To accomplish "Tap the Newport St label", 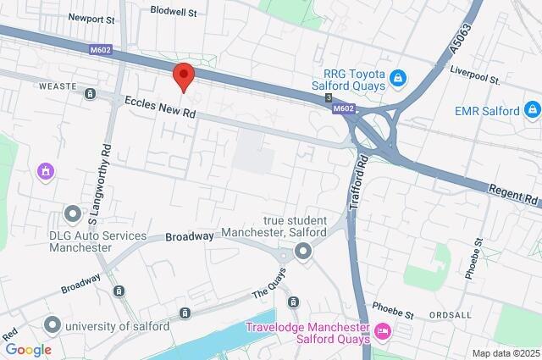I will [92, 18].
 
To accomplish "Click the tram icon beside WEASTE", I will [90, 93].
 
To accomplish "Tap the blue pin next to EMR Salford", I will [532, 108].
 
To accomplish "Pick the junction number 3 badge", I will [328, 99].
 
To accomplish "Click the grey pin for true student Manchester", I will [303, 252].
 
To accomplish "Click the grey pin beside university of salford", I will [53, 324].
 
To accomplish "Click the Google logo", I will [28, 349].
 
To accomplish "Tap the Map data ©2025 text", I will [505, 353].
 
